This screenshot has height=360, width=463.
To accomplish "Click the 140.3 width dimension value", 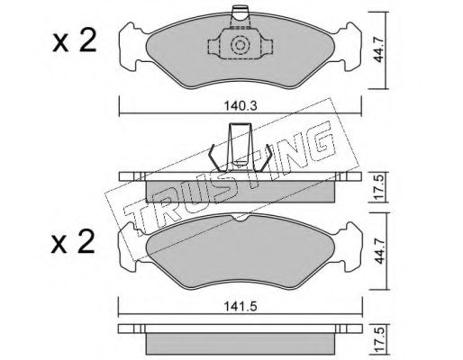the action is (241, 106).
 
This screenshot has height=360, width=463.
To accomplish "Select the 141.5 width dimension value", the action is (241, 307).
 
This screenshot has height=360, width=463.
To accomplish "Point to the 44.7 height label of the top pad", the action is (379, 49).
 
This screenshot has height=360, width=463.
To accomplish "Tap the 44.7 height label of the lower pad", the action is (379, 251).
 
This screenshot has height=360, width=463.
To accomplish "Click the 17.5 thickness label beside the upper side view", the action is (379, 187).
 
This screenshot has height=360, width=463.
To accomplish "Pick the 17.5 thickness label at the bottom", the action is (379, 340).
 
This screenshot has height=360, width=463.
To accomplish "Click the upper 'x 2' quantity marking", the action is (75, 42).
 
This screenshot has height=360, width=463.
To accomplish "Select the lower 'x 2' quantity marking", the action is (73, 242).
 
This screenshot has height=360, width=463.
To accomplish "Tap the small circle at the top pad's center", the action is (240, 45).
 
